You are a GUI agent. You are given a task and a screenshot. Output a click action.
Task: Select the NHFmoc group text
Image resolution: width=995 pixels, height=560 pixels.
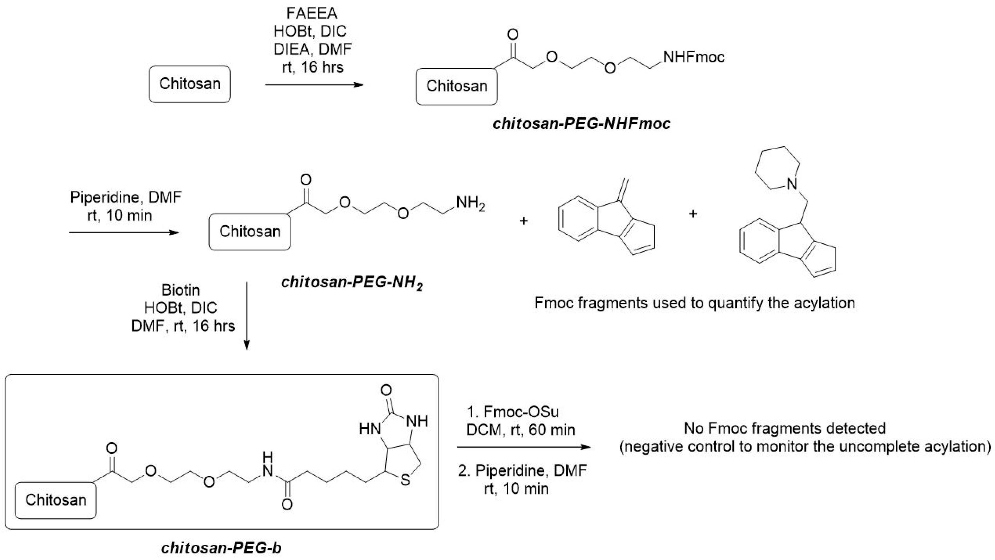[694, 57]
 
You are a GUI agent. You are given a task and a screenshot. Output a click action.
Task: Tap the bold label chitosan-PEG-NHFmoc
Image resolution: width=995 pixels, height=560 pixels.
[581, 124]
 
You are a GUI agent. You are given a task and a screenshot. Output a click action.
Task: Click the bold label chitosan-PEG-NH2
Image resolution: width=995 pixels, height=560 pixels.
[352, 283]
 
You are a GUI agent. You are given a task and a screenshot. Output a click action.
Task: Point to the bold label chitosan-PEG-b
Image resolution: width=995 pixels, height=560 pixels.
[221, 548]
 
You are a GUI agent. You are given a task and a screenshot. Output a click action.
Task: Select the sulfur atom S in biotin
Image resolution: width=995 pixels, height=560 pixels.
[405, 480]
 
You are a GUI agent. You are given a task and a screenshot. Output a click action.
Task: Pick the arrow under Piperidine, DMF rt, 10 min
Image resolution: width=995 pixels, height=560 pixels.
[124, 232]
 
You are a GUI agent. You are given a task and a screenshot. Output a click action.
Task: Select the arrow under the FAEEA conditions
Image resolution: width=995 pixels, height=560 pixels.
[314, 84]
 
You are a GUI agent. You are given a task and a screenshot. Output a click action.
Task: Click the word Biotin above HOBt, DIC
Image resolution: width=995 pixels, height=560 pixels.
[180, 290]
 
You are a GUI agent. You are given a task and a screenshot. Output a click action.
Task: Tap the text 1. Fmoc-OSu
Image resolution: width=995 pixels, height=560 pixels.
[513, 412]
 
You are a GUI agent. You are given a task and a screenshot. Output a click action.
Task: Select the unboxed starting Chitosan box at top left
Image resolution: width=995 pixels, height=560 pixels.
[190, 84]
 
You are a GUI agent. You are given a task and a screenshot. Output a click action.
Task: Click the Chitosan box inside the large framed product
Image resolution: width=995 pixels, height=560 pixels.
[56, 500]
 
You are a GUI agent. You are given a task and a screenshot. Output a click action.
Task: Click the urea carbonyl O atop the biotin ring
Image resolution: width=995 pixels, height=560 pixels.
[386, 390]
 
